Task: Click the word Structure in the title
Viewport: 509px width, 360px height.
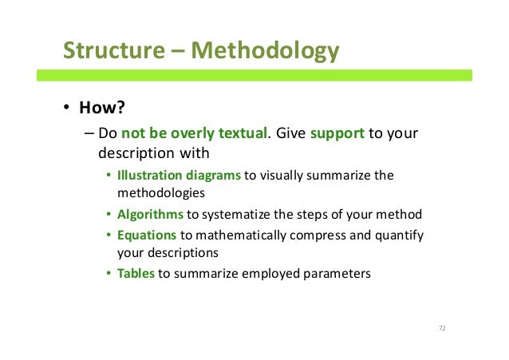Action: pos(111,51)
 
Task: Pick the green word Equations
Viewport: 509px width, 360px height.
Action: pos(147,235)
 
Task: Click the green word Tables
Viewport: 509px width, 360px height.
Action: pos(136,274)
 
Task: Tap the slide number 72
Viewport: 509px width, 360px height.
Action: pos(441,329)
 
